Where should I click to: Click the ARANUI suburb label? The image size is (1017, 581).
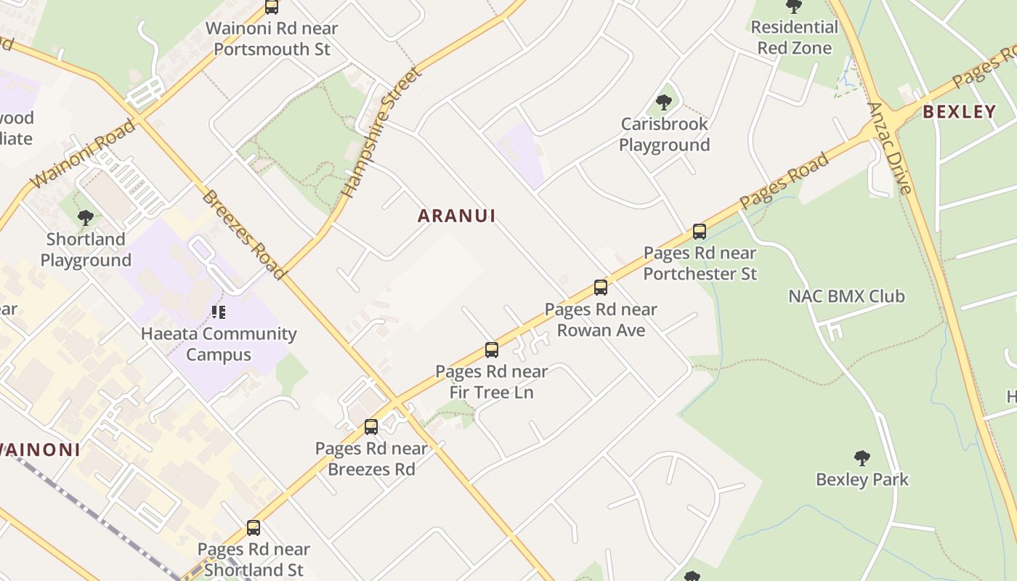pos(457,216)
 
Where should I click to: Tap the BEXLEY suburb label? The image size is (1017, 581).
pos(959,112)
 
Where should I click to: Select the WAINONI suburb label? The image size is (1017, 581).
pos(39,450)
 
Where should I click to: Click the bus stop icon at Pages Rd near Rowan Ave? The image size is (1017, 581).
pos(601,287)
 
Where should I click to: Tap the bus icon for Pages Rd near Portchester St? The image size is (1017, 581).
pos(700,232)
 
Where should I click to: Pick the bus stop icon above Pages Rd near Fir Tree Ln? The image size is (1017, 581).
pos(492,350)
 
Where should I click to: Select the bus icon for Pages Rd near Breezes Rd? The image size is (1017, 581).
pos(371,426)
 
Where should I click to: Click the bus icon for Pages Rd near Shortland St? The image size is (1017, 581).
pos(254,527)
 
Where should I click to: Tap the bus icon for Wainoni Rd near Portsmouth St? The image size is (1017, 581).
pos(272,7)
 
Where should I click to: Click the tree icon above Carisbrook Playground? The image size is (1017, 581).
pos(663,102)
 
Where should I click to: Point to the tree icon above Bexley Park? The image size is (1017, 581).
pos(862,458)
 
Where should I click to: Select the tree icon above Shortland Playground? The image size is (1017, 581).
pos(86,217)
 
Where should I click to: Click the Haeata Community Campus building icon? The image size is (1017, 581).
pos(219,312)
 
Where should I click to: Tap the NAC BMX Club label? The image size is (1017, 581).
pos(846,296)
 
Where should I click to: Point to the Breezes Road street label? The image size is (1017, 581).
pos(243,234)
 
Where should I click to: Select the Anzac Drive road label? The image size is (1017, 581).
pos(889,148)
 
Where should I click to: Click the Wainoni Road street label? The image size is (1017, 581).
pos(83,154)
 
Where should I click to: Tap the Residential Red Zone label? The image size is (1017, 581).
pos(794,38)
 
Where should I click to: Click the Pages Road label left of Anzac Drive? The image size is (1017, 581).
pos(784,182)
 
